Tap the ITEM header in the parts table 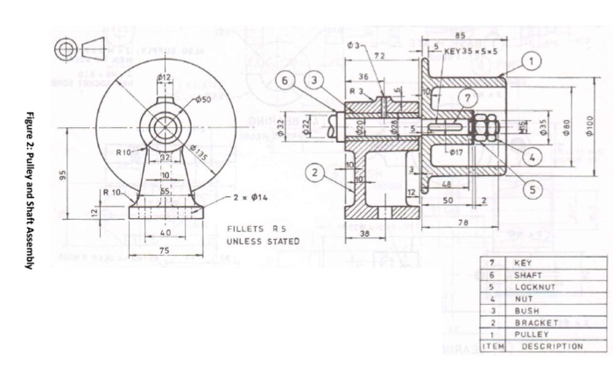(492, 346)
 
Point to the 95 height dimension (62, 175)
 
